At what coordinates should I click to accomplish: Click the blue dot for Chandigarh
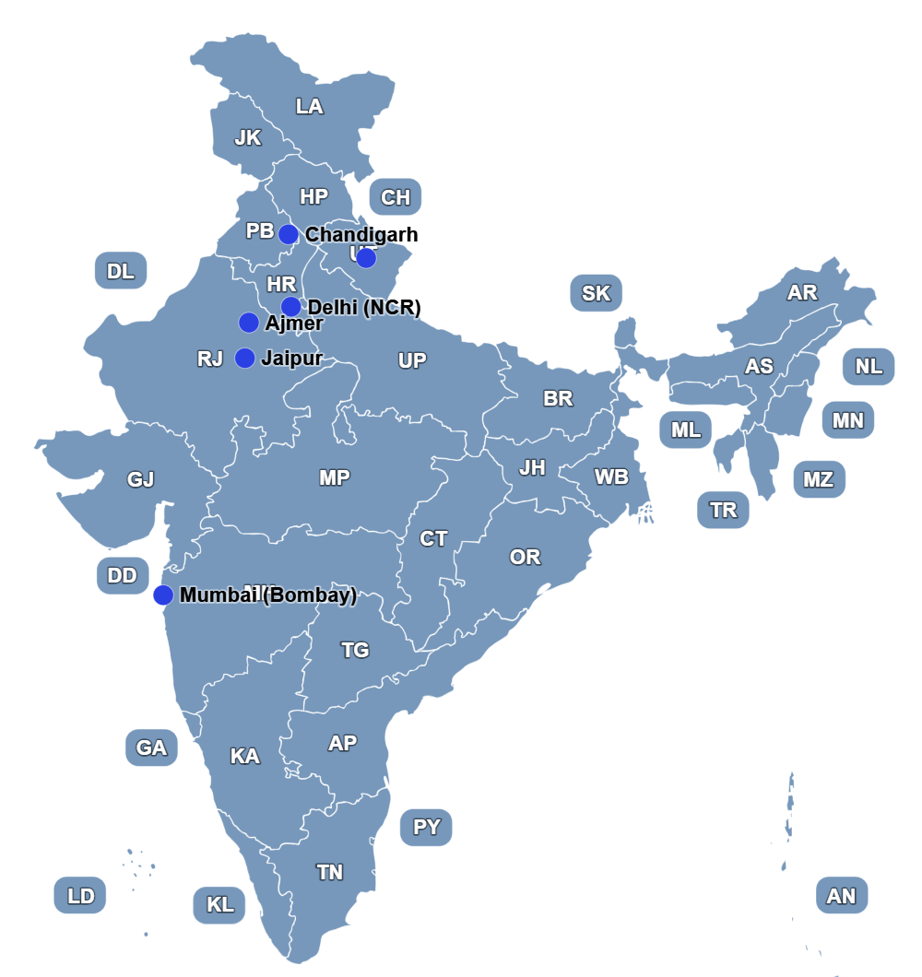pos(289,234)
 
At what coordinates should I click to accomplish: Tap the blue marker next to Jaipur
pos(245,358)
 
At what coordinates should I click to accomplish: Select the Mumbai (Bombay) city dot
pos(163,594)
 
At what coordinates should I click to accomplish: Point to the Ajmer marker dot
pos(249,323)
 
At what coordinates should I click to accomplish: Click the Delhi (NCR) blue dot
pos(290,306)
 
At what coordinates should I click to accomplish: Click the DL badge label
pos(121,271)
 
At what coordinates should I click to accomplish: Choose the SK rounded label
pos(596,293)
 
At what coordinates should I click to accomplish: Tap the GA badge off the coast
pos(151,747)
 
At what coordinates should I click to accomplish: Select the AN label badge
pos(841,895)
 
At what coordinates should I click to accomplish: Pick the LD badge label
pos(80,895)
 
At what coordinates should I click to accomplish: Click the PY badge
pos(426,827)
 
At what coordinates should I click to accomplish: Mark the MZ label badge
pos(818,479)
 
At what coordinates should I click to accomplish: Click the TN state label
pos(329,872)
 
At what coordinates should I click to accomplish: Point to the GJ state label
pos(140,479)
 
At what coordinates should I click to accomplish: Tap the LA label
pos(309,107)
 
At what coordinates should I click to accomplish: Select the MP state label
pos(334,477)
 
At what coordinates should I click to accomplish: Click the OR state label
pos(525,558)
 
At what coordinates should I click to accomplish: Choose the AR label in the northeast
pos(801,293)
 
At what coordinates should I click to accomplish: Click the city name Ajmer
pos(294,323)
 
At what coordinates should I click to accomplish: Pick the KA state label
pos(244,757)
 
